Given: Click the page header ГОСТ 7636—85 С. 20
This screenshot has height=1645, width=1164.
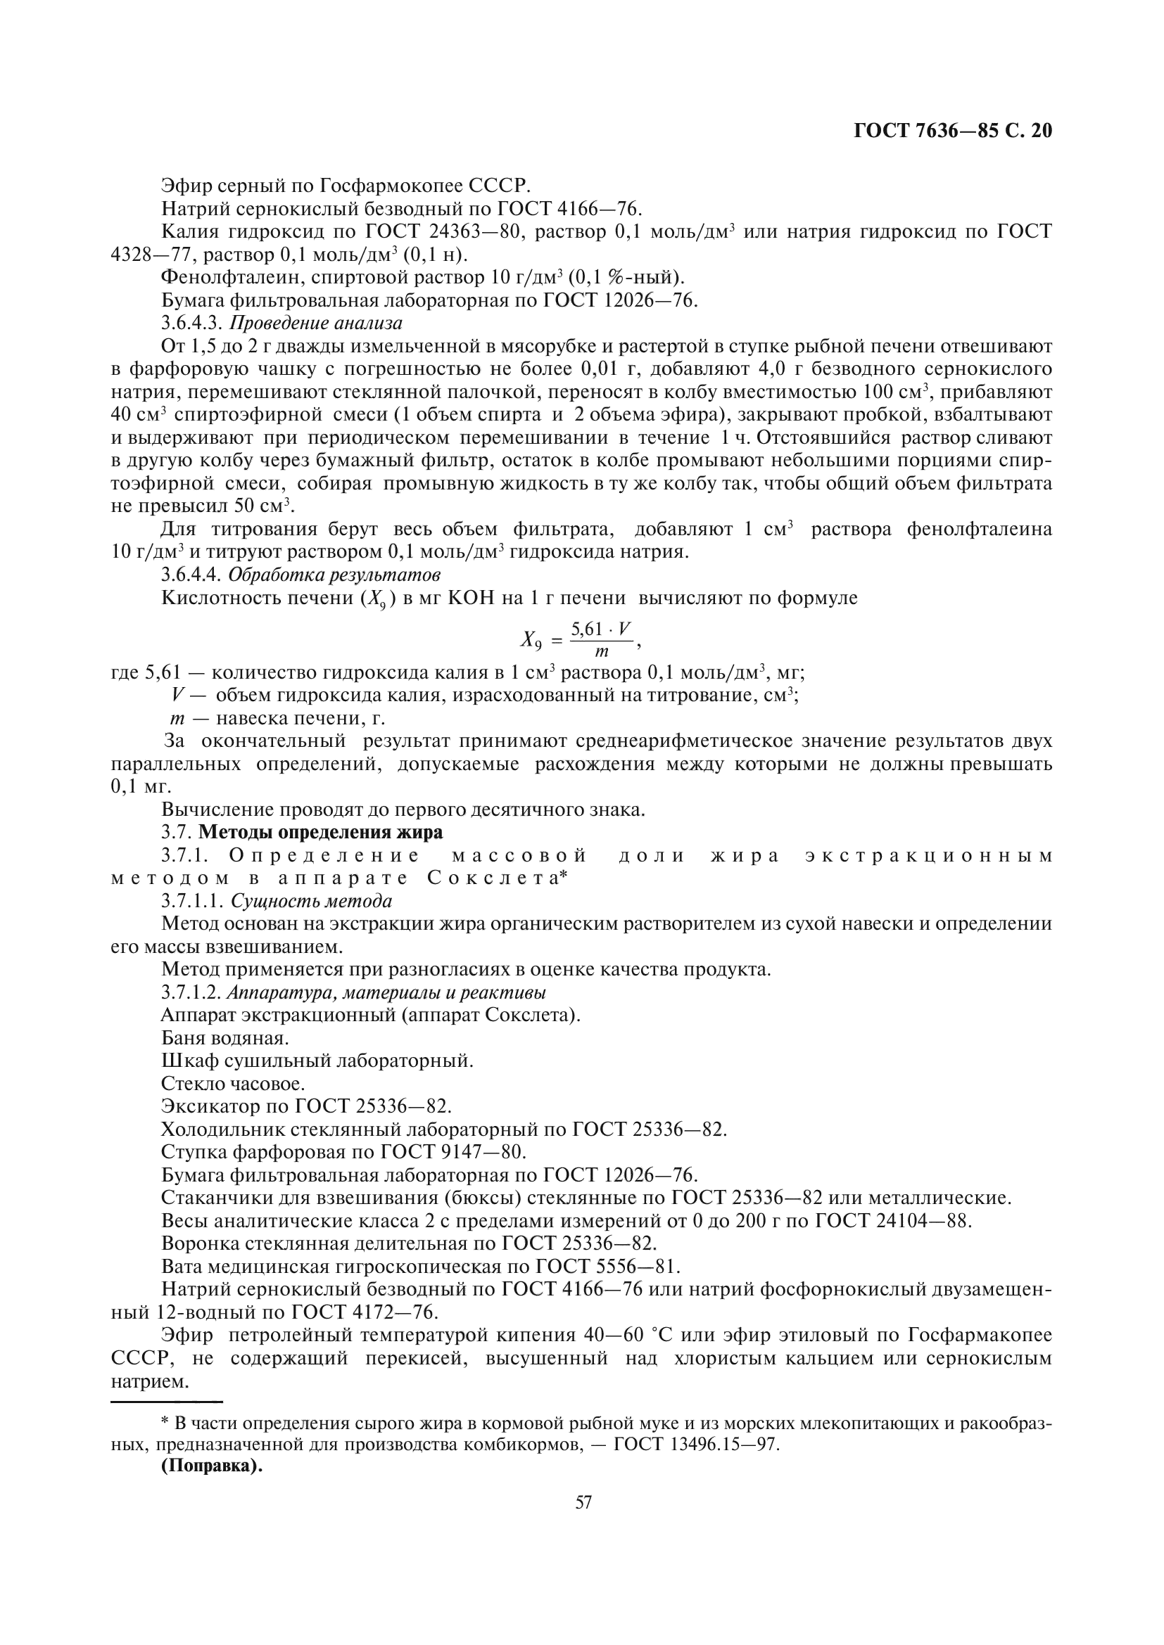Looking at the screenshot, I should (953, 131).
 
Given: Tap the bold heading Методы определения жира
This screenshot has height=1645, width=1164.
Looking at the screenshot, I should (320, 833).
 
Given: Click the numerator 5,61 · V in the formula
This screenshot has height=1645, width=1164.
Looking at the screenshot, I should (600, 629).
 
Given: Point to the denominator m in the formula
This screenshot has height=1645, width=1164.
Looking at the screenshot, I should (602, 652).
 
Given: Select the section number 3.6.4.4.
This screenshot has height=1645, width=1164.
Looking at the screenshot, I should (191, 575).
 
